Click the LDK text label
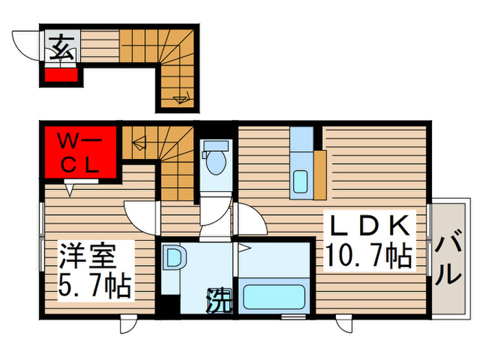(367, 227)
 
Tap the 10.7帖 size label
(368, 256)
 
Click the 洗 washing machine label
(218, 298)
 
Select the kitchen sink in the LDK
(301, 181)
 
